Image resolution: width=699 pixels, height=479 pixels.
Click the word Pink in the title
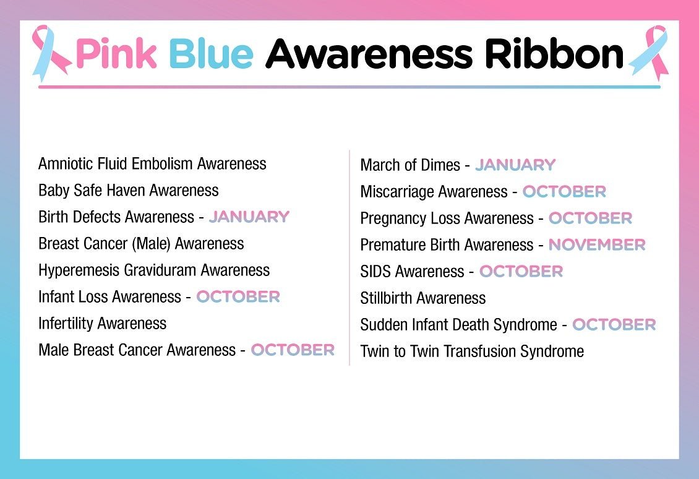[116, 54]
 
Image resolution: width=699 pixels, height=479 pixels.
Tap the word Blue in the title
[210, 54]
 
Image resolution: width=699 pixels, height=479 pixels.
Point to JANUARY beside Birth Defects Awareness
[249, 217]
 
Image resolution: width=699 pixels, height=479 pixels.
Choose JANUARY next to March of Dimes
[515, 165]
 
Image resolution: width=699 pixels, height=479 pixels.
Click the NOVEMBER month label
[597, 244]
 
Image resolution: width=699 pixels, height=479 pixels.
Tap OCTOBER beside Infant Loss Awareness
[238, 296]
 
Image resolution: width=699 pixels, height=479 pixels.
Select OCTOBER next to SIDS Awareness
[521, 271]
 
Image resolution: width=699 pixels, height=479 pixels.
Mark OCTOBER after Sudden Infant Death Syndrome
[614, 324]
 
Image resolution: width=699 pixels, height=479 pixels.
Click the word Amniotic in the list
[61, 163]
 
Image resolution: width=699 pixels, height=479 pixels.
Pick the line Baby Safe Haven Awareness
[129, 190]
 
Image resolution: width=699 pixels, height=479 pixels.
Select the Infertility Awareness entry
[102, 323]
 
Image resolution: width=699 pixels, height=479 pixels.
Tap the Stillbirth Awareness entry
[423, 298]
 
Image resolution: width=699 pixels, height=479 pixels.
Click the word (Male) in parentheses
[149, 244]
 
